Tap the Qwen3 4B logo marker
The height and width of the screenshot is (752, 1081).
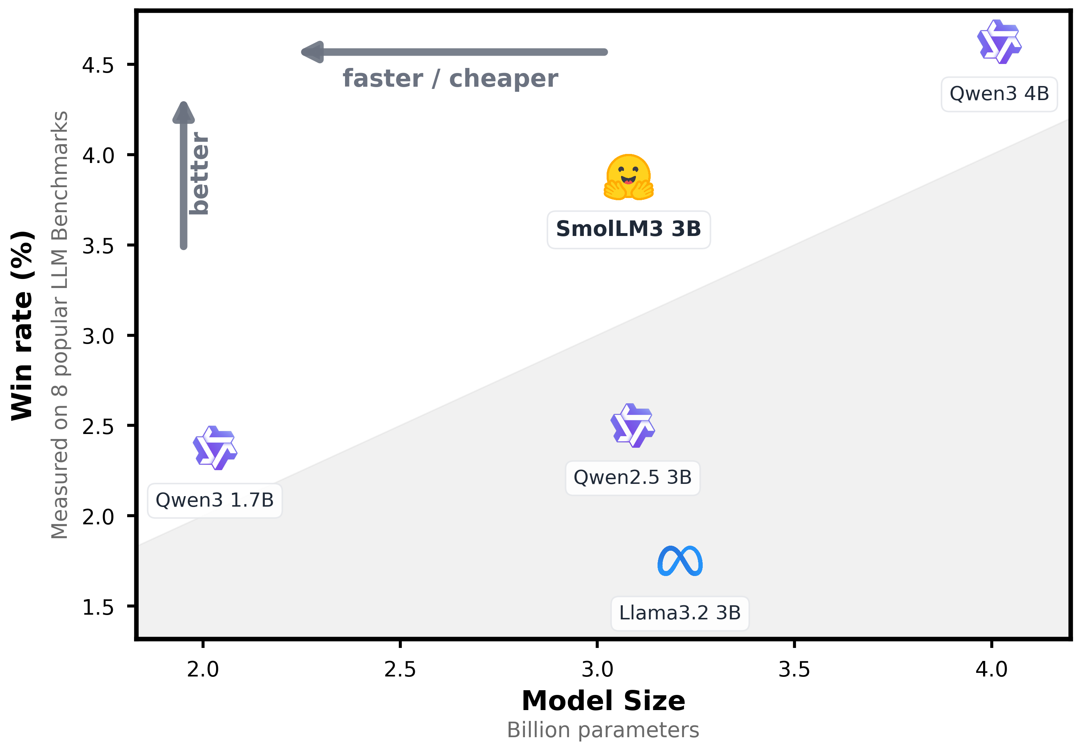999,42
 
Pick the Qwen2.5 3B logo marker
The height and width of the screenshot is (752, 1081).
632,425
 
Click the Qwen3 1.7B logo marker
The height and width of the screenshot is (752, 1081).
215,448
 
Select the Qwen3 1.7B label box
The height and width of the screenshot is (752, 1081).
215,500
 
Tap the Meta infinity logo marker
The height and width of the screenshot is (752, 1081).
680,561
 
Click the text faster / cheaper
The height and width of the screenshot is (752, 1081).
450,79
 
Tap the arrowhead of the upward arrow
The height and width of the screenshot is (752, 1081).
184,112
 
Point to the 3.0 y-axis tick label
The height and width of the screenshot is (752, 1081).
98,336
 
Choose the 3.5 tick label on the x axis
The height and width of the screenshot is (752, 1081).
794,670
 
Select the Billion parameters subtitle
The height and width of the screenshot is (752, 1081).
603,730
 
